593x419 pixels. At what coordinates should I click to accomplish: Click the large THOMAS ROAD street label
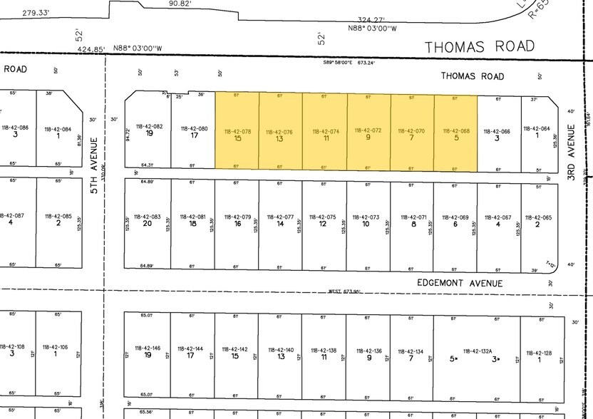(x=479, y=47)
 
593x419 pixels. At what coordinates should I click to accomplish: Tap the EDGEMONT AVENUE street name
(x=460, y=283)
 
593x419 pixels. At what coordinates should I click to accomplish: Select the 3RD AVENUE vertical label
(x=571, y=152)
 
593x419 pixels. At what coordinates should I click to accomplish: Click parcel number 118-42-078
(x=237, y=131)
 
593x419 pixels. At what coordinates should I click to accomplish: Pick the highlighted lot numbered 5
(x=455, y=138)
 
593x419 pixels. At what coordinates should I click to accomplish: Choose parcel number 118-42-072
(x=368, y=131)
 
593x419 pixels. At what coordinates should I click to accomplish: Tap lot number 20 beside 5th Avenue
(x=147, y=224)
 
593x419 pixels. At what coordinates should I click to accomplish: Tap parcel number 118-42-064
(x=537, y=129)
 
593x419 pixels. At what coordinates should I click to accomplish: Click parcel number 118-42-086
(x=15, y=128)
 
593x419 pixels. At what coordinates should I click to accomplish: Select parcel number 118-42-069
(x=455, y=217)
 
